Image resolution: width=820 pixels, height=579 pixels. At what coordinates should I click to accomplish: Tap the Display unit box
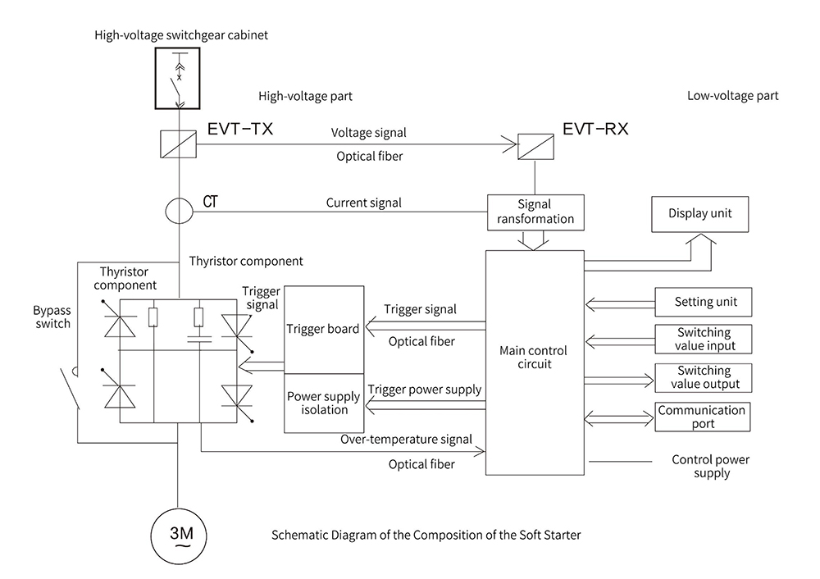coord(699,214)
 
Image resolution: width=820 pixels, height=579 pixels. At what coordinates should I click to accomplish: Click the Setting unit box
coord(704,302)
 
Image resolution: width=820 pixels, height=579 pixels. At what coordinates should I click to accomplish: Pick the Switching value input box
coord(704,339)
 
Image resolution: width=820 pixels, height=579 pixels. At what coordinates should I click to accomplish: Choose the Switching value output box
coord(704,378)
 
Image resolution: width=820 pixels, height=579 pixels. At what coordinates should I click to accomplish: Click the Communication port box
coord(704,417)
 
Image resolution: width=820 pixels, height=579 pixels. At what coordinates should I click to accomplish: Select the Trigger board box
coord(323,329)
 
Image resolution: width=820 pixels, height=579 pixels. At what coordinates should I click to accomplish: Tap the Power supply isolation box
coord(323,403)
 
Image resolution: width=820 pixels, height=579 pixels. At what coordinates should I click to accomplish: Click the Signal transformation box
coord(535,212)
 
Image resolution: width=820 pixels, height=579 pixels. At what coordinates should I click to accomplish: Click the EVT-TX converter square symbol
coord(178,144)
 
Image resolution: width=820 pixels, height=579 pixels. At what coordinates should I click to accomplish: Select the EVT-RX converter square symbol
coord(535,144)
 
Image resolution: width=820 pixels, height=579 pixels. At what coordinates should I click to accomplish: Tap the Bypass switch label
coord(52,317)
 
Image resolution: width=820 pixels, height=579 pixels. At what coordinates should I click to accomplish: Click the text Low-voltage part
coord(732,96)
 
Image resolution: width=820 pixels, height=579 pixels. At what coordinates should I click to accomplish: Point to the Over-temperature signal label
coord(406,440)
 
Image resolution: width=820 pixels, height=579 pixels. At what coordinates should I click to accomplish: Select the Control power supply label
coord(710,467)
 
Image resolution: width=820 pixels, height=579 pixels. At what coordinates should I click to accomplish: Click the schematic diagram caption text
coord(426,536)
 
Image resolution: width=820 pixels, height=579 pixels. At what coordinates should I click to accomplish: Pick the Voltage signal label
coord(368,132)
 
